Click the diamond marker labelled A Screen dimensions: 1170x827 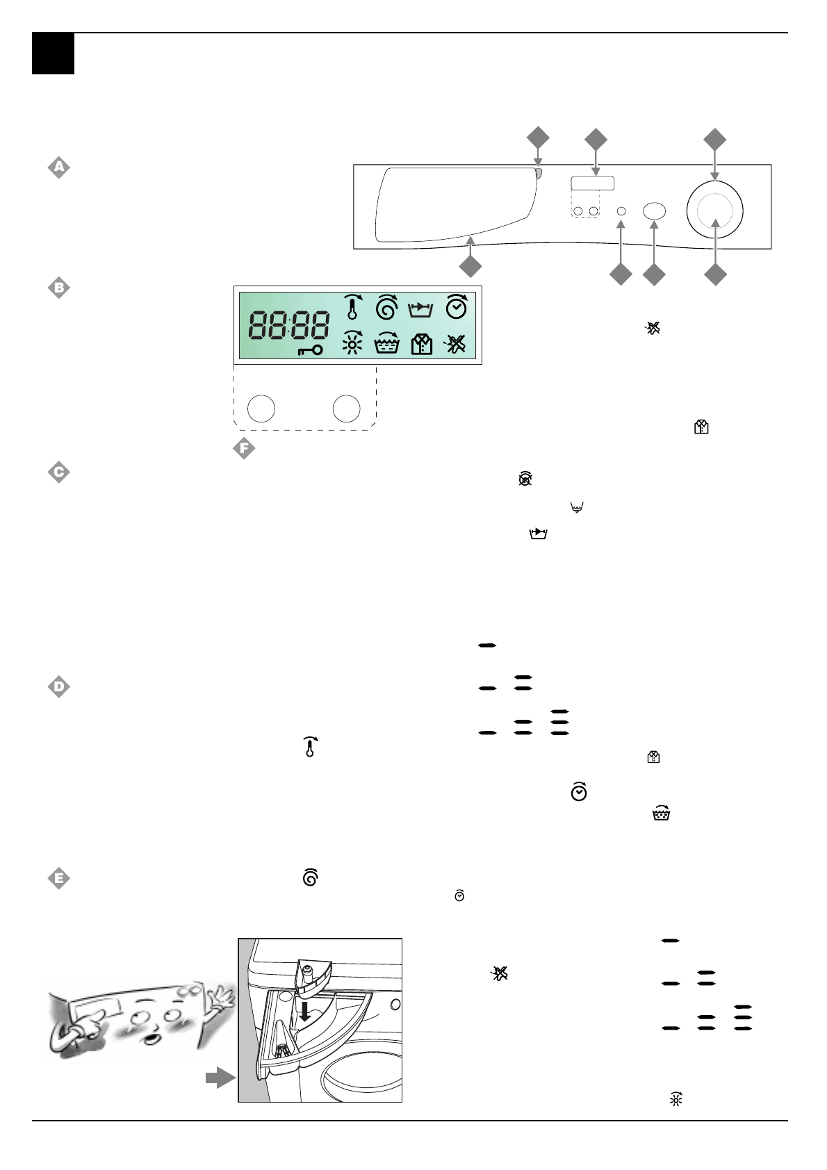tap(59, 167)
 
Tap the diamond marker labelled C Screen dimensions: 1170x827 tap(59, 472)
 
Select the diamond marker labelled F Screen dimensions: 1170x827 tap(244, 448)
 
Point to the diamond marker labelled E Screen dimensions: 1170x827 tap(59, 878)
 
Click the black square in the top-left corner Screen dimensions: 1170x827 tap(53, 53)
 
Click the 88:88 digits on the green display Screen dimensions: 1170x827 tap(289, 325)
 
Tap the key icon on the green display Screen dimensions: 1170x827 tap(310, 350)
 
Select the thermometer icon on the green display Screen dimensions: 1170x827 tap(353, 306)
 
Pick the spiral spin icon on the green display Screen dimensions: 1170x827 tap(387, 306)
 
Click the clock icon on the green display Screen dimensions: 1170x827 tap(457, 306)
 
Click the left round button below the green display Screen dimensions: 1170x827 tap(261, 409)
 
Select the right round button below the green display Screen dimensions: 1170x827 tap(346, 409)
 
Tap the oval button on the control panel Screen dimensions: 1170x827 tap(654, 211)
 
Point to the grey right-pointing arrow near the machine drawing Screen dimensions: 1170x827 tap(220, 1078)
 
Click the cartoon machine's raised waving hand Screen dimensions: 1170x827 tap(222, 996)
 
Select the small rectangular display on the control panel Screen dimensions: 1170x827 tap(593, 183)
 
